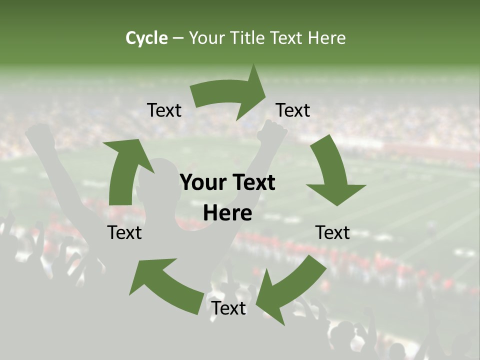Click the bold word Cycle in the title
(146, 38)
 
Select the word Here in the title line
(327, 38)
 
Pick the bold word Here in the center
(227, 213)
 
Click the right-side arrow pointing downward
(332, 172)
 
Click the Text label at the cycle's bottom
(228, 308)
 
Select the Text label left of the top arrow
(164, 110)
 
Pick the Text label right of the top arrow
(293, 110)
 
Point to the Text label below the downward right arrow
(332, 232)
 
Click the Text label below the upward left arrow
(124, 232)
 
